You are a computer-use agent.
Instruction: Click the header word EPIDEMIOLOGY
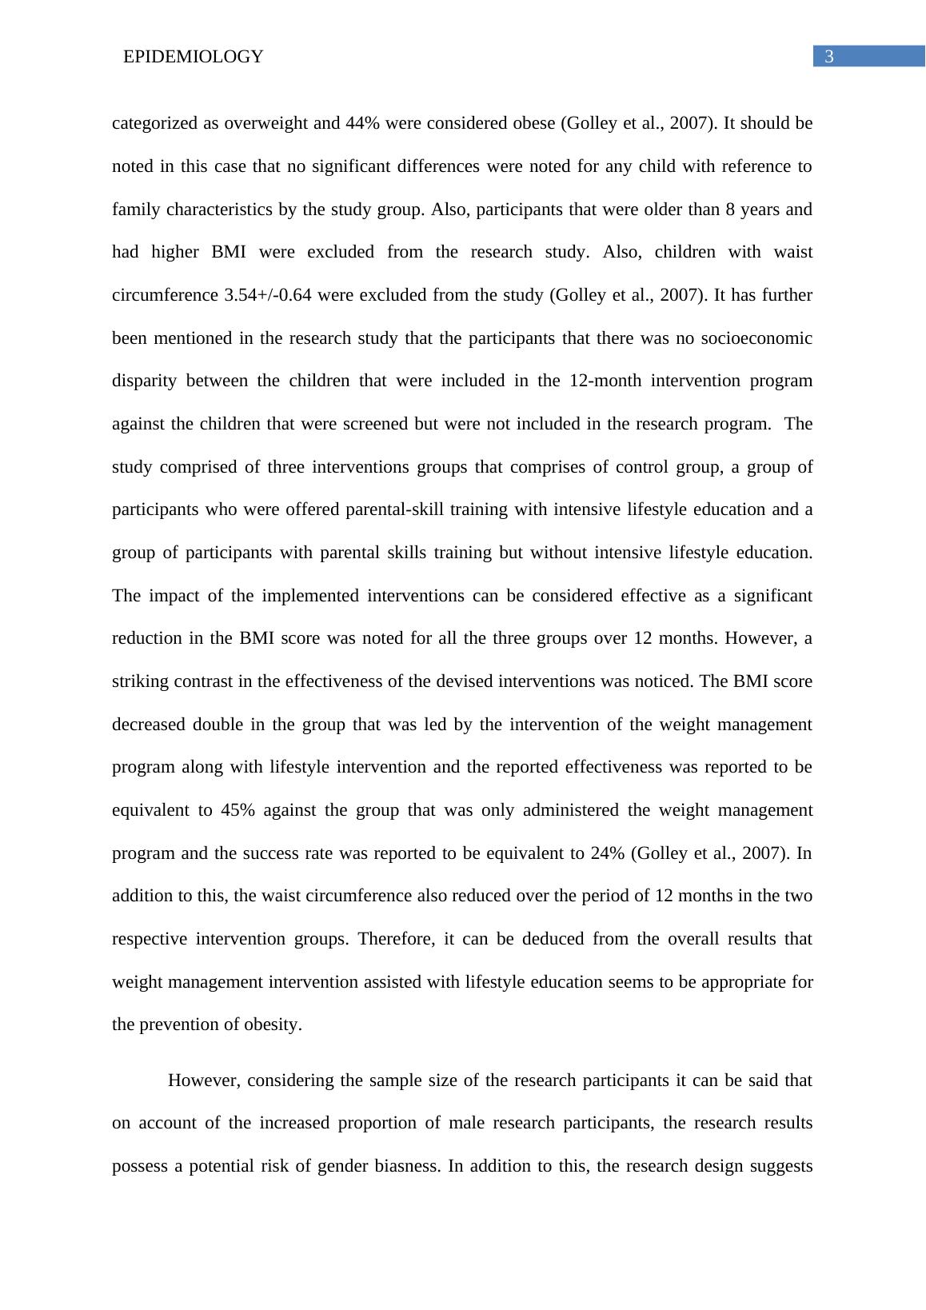click(193, 57)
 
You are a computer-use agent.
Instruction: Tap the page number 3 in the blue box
click(829, 57)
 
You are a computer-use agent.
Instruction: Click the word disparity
click(144, 381)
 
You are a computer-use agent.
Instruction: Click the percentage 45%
click(237, 810)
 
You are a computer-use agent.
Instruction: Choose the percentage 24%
click(608, 853)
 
